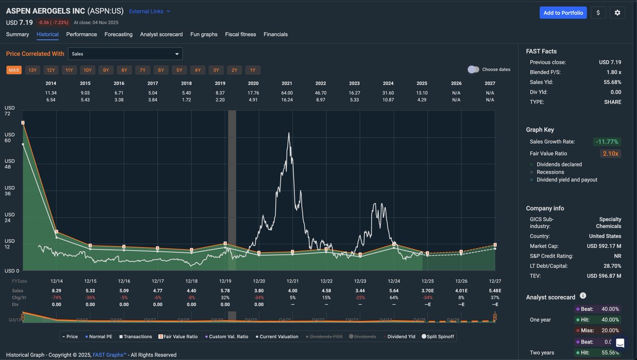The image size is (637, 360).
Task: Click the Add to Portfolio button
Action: (563, 13)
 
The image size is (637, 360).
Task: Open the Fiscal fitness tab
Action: (240, 35)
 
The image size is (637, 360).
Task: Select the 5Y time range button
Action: (179, 70)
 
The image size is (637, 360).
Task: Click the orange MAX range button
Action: (14, 70)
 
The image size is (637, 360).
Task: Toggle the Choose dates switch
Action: (473, 70)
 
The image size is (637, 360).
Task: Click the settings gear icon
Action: (617, 13)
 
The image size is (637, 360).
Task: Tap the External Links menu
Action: (150, 11)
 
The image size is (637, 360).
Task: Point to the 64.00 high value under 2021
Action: (287, 93)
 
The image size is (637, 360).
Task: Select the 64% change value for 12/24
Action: (394, 297)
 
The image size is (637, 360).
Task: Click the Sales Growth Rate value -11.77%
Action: (607, 142)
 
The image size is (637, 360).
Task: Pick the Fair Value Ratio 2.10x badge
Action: (610, 153)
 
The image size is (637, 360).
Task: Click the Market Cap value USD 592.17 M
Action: (604, 246)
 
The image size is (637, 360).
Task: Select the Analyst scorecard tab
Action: (161, 35)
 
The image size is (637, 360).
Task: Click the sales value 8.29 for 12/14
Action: (57, 290)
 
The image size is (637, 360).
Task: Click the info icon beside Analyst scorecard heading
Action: (583, 296)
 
